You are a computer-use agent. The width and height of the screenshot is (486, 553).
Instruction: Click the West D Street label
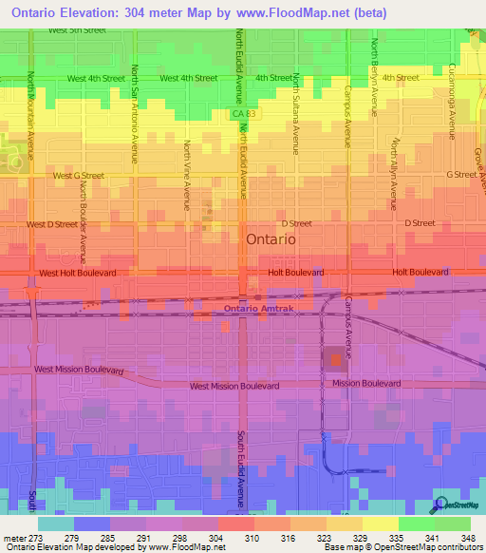pyautogui.click(x=52, y=224)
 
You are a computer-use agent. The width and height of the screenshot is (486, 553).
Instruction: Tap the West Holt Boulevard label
pyautogui.click(x=78, y=273)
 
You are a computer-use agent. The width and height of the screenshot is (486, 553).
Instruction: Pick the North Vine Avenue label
pyautogui.click(x=187, y=174)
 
